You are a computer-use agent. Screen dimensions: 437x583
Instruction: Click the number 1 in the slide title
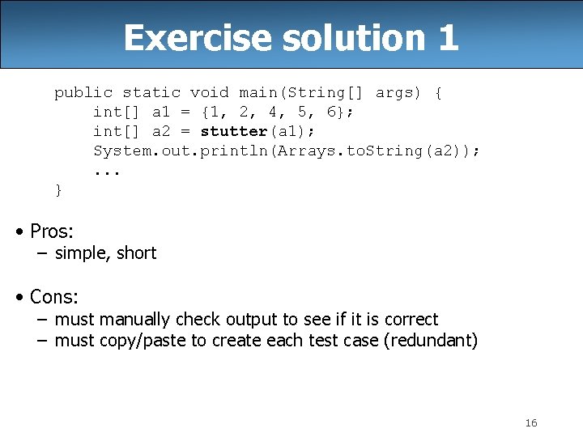tap(448, 38)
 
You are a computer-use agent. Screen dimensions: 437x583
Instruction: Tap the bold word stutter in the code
tap(234, 131)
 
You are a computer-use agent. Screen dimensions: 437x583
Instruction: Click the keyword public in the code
tap(83, 93)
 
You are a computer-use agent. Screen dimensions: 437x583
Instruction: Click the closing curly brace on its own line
tap(58, 189)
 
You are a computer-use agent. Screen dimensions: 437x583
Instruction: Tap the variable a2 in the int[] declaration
tap(161, 131)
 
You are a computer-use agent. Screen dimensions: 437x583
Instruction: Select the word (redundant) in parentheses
tap(433, 341)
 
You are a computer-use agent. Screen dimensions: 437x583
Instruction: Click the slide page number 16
tap(531, 422)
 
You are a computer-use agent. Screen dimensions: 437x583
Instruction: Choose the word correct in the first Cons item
tap(411, 320)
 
